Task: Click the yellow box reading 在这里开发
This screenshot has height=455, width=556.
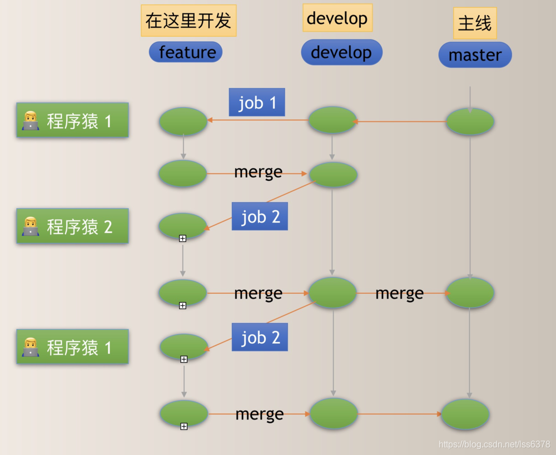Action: click(188, 21)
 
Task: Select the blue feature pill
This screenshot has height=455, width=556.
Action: click(186, 52)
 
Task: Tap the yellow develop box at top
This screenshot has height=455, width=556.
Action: click(337, 18)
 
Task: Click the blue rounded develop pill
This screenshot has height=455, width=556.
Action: click(341, 52)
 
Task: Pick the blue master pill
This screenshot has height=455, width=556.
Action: click(475, 55)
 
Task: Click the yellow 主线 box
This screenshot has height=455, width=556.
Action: click(475, 23)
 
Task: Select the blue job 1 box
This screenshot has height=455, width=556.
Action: click(257, 102)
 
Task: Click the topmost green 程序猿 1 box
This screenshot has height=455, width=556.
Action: click(73, 120)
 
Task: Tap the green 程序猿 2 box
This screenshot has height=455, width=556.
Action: click(73, 226)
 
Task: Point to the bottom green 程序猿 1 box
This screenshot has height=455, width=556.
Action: click(73, 347)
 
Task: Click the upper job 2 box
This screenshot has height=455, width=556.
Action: click(260, 216)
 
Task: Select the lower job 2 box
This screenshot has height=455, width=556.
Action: click(260, 337)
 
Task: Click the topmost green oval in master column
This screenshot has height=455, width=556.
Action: click(470, 122)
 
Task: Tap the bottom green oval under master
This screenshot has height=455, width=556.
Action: click(465, 414)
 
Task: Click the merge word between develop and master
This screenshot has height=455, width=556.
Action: click(399, 293)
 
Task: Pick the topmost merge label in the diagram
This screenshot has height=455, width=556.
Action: click(258, 172)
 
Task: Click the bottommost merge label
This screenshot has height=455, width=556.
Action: click(259, 414)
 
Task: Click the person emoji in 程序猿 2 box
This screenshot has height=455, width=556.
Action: click(31, 226)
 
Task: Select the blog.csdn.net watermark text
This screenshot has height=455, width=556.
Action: click(494, 444)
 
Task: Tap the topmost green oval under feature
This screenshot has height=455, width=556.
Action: click(183, 121)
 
